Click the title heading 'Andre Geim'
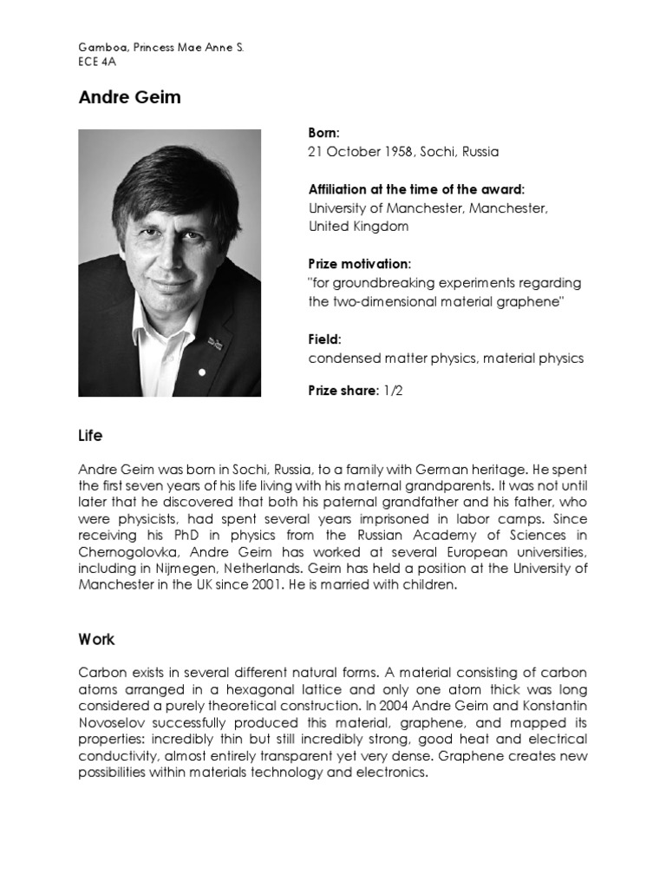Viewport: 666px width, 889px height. pyautogui.click(x=129, y=97)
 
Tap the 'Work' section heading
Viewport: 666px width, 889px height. pyautogui.click(x=96, y=640)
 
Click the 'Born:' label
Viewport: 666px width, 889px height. pyautogui.click(x=324, y=133)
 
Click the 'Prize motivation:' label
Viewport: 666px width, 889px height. pyautogui.click(x=359, y=264)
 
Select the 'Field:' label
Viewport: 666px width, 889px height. pyautogui.click(x=325, y=339)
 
